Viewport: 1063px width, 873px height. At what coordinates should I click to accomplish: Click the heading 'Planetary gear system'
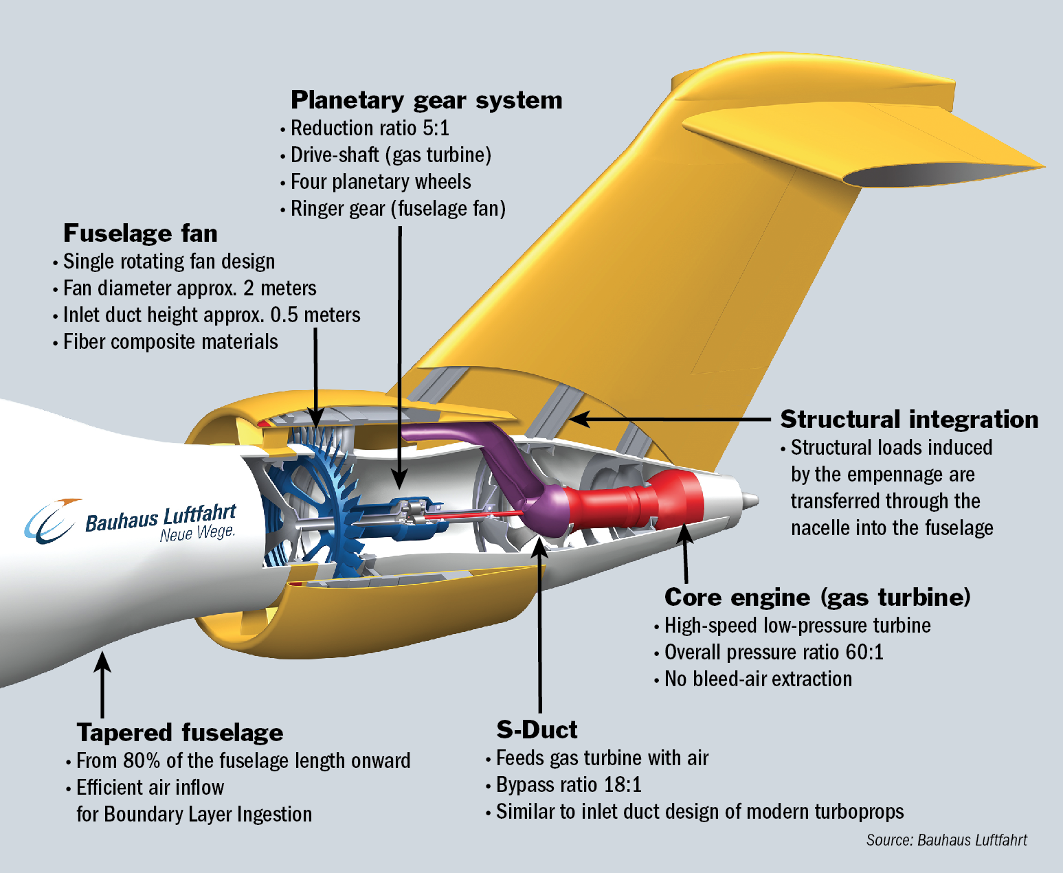pyautogui.click(x=426, y=100)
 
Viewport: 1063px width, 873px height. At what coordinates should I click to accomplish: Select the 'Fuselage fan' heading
pyautogui.click(x=140, y=234)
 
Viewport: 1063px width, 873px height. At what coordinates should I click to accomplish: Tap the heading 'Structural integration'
pyautogui.click(x=909, y=420)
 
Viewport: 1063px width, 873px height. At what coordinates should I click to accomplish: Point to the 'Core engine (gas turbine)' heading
pyautogui.click(x=817, y=598)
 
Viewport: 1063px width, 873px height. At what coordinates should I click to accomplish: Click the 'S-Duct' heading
pyautogui.click(x=537, y=729)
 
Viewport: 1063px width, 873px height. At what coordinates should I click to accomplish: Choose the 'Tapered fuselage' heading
pyautogui.click(x=180, y=733)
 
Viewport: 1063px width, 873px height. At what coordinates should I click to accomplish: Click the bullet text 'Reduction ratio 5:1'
pyautogui.click(x=370, y=128)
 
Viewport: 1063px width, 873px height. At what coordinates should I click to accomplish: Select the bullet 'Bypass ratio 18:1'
pyautogui.click(x=568, y=785)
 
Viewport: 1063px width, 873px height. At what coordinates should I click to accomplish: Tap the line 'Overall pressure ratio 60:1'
pyautogui.click(x=774, y=653)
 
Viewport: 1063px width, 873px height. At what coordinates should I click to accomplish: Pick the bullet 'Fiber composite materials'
pyautogui.click(x=170, y=342)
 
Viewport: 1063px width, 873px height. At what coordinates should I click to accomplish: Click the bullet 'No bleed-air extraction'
pyautogui.click(x=758, y=679)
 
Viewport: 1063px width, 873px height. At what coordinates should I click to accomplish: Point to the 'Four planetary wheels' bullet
pyautogui.click(x=381, y=182)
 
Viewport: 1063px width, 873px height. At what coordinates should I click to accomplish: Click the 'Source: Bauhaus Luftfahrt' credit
pyautogui.click(x=946, y=840)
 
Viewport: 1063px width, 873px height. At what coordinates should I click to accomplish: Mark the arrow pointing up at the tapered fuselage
pyautogui.click(x=102, y=683)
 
